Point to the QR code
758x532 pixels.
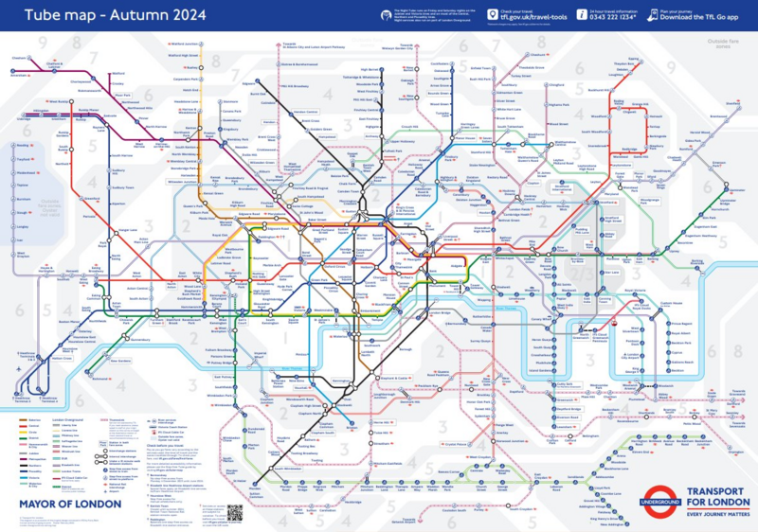click(235, 512)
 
